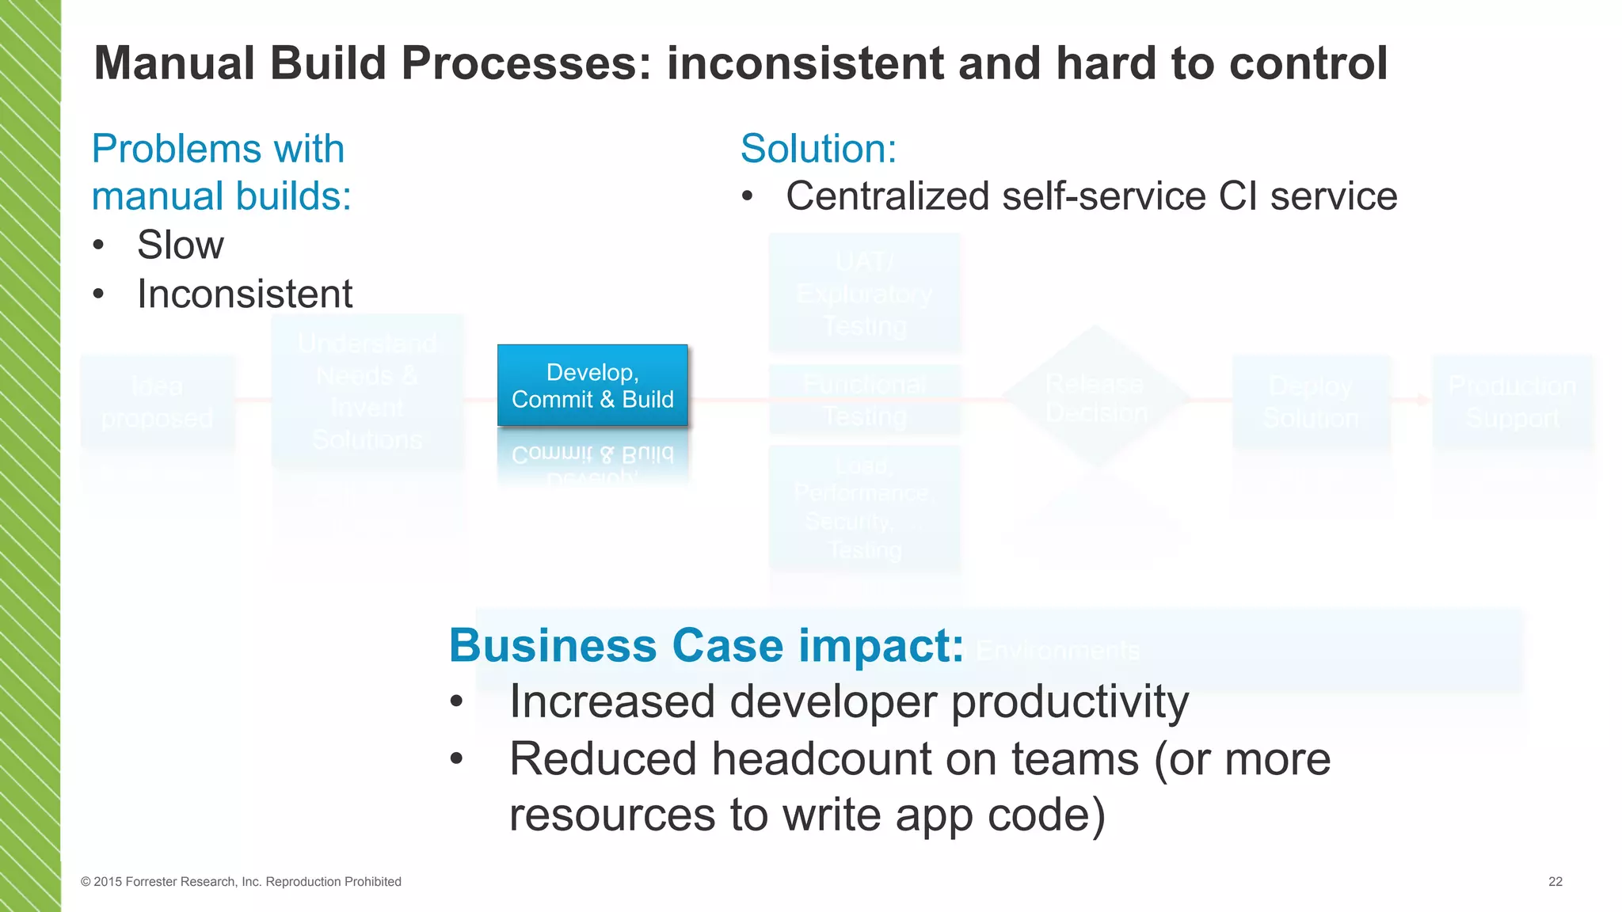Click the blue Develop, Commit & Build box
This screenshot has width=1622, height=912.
pyautogui.click(x=592, y=386)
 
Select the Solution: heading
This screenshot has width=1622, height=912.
pyautogui.click(x=818, y=149)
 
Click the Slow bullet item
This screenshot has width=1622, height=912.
pyautogui.click(x=180, y=245)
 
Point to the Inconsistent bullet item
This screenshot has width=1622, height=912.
pyautogui.click(x=244, y=294)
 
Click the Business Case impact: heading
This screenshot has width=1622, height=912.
pyautogui.click(x=706, y=645)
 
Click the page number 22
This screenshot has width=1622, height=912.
pyautogui.click(x=1555, y=882)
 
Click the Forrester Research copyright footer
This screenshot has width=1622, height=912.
pyautogui.click(x=241, y=882)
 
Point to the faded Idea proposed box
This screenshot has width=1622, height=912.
pyautogui.click(x=157, y=401)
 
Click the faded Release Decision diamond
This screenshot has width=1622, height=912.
pyautogui.click(x=1095, y=397)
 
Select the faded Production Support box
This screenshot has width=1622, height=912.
pyautogui.click(x=1512, y=401)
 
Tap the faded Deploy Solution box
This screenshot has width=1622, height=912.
pyautogui.click(x=1312, y=401)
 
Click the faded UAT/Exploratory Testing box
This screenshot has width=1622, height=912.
pyautogui.click(x=864, y=293)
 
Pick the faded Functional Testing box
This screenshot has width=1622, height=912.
pyautogui.click(x=864, y=400)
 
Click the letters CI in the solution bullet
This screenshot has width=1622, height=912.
pyautogui.click(x=1238, y=196)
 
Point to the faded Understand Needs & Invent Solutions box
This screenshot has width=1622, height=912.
pyautogui.click(x=367, y=391)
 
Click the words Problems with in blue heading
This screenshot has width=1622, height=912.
pyautogui.click(x=218, y=149)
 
